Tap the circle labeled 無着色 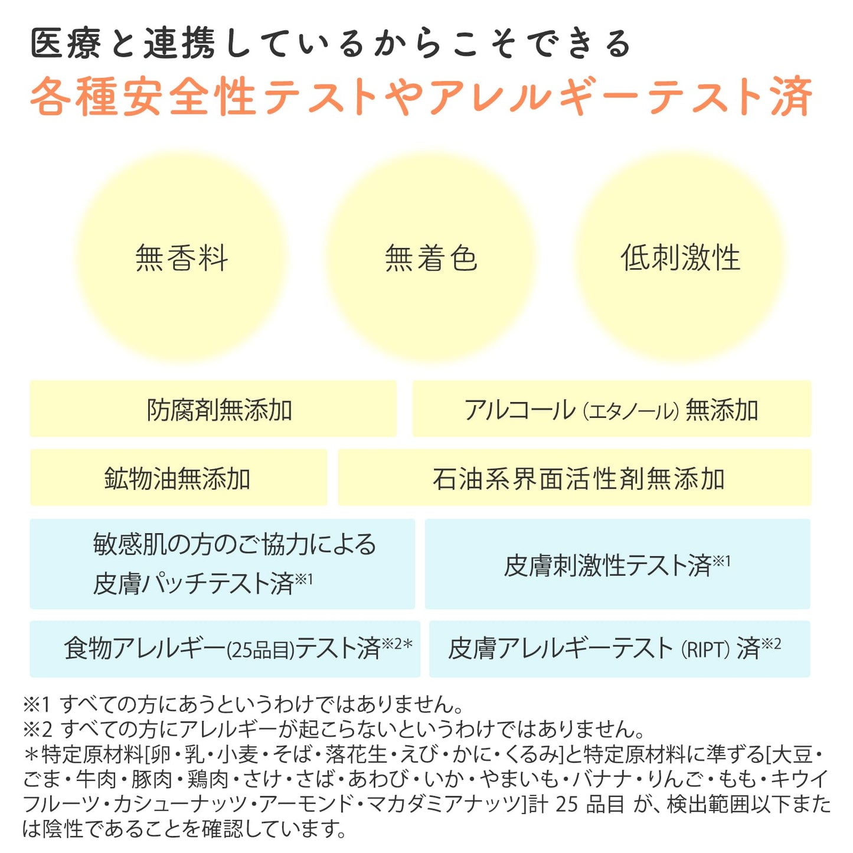pyautogui.click(x=430, y=257)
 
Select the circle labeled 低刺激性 pyautogui.click(x=680, y=257)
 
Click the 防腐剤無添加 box pyautogui.click(x=213, y=408)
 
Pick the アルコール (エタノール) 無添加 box pyautogui.click(x=612, y=408)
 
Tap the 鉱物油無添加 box pyautogui.click(x=178, y=478)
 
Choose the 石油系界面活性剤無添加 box pyautogui.click(x=574, y=478)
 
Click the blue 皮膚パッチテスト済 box pyautogui.click(x=222, y=564)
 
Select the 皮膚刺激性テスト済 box pyautogui.click(x=617, y=564)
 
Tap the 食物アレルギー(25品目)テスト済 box pyautogui.click(x=225, y=649)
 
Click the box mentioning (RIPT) pyautogui.click(x=620, y=649)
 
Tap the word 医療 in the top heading pyautogui.click(x=66, y=43)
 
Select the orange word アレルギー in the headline pyautogui.click(x=536, y=96)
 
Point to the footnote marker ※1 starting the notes pyautogui.click(x=37, y=704)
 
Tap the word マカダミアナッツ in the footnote pyautogui.click(x=443, y=804)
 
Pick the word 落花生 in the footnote pyautogui.click(x=356, y=754)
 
